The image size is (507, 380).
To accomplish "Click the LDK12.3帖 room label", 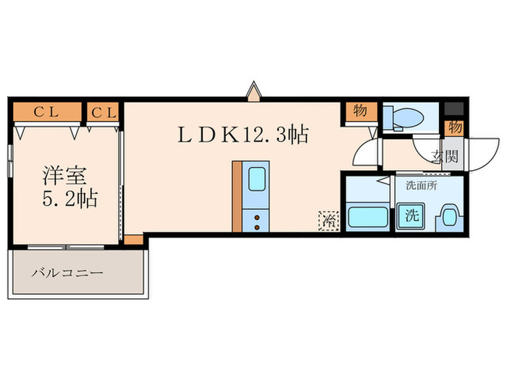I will coord(245,134).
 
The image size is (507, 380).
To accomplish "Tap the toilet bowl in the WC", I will coord(409,116).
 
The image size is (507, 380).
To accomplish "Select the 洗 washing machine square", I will coord(411,216).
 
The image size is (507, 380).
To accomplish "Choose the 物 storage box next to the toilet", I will coord(359,111).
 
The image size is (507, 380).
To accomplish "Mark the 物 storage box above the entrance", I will coord(454,127).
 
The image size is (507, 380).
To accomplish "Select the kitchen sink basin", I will coord(256,180).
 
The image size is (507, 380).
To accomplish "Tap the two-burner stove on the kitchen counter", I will coord(256,218).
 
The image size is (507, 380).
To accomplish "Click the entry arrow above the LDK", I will coord(253,92).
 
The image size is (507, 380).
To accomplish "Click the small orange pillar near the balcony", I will coord(133,240).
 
